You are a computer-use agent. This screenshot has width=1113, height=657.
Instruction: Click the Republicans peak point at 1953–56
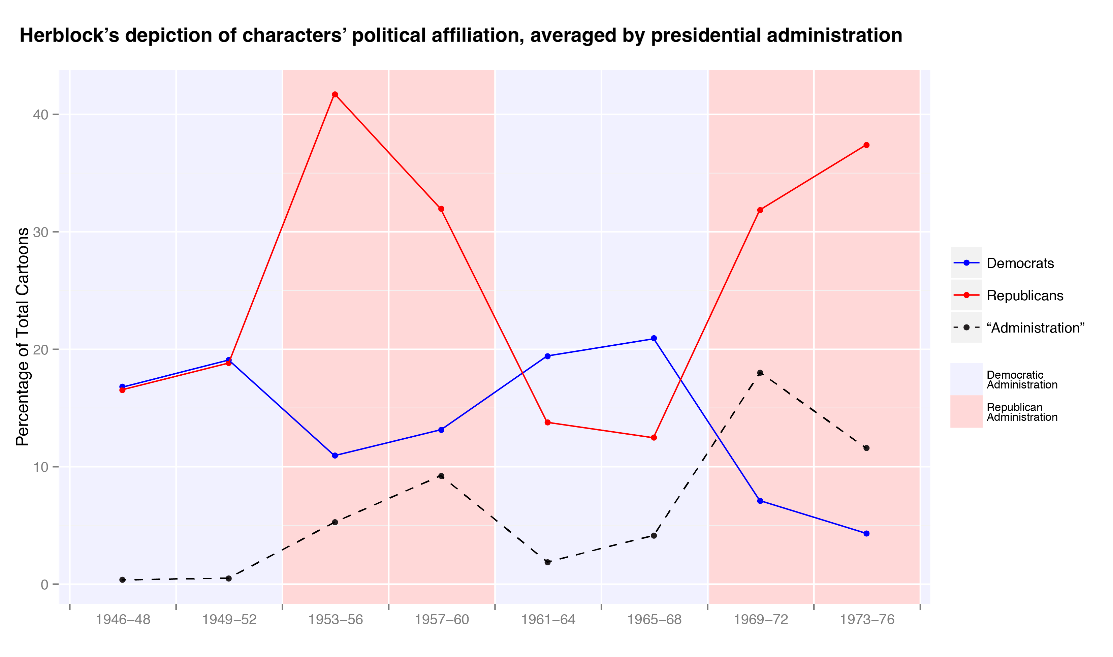point(335,94)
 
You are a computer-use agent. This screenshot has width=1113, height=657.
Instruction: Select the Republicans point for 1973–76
point(866,145)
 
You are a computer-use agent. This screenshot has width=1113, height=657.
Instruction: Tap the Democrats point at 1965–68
point(654,338)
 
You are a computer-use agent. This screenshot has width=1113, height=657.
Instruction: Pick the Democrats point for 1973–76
point(866,533)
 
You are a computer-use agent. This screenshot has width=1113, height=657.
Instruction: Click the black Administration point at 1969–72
point(760,373)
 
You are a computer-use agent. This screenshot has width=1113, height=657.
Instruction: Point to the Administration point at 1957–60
point(441,476)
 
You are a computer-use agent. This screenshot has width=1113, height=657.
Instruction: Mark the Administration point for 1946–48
point(123,580)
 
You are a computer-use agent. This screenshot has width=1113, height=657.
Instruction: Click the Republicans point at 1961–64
point(548,423)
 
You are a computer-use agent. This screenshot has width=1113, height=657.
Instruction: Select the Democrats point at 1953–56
point(335,456)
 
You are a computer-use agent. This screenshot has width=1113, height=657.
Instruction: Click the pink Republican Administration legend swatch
point(966,411)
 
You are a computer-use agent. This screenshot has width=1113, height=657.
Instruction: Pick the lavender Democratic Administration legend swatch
point(966,379)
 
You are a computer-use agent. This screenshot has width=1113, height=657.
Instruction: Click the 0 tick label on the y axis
point(44,585)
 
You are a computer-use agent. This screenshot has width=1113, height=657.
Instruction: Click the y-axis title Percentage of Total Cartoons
point(22,337)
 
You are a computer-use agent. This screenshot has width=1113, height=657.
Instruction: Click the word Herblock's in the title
point(69,35)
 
